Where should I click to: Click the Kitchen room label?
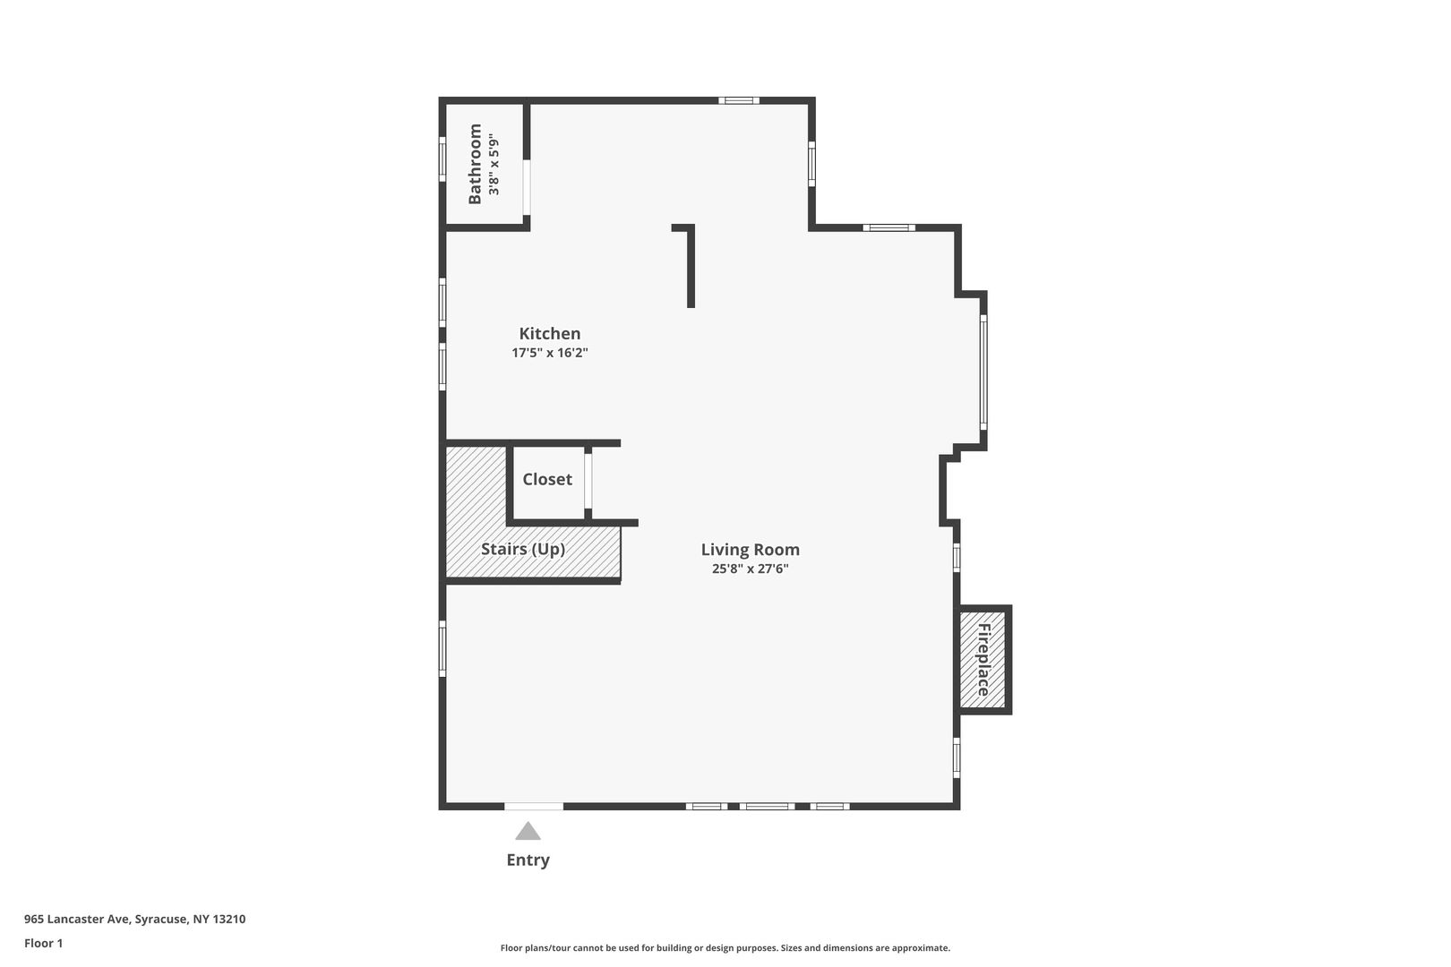tap(549, 334)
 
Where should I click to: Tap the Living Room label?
tap(750, 550)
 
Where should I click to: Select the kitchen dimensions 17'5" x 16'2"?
tap(549, 353)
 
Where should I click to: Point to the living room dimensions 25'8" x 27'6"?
tap(750, 569)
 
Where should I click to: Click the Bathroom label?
tap(475, 164)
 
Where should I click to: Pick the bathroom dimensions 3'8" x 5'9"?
tap(494, 164)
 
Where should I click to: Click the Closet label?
tap(547, 479)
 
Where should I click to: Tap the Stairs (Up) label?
tap(523, 549)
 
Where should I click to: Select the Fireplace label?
tap(983, 659)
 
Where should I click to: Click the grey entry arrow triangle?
tap(528, 832)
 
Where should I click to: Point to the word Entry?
tap(528, 860)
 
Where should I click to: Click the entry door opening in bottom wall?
tap(534, 807)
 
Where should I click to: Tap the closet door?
tap(588, 481)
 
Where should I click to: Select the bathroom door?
tap(527, 187)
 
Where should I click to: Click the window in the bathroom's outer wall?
tap(442, 159)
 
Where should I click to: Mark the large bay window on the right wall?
tap(983, 372)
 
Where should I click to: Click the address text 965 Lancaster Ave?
tap(79, 919)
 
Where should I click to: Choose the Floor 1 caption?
tap(43, 943)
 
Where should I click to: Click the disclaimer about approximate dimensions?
tap(725, 947)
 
